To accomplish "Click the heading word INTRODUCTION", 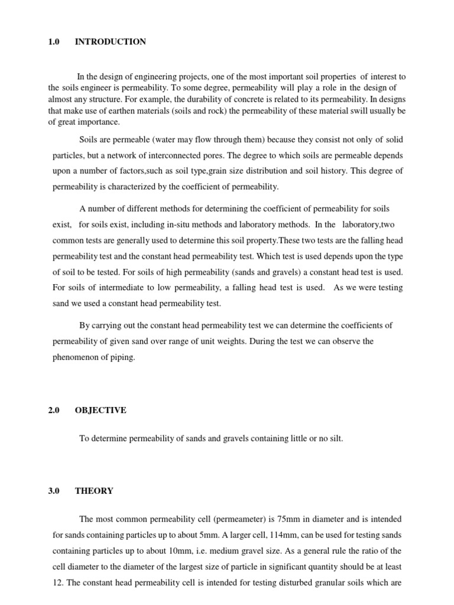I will (111, 42).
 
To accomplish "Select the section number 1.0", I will (54, 42).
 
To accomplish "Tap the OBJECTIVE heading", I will (100, 411).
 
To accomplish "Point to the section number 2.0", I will (54, 411).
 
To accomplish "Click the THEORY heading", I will (94, 491).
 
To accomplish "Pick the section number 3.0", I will (54, 491).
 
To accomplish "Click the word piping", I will (123, 357).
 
